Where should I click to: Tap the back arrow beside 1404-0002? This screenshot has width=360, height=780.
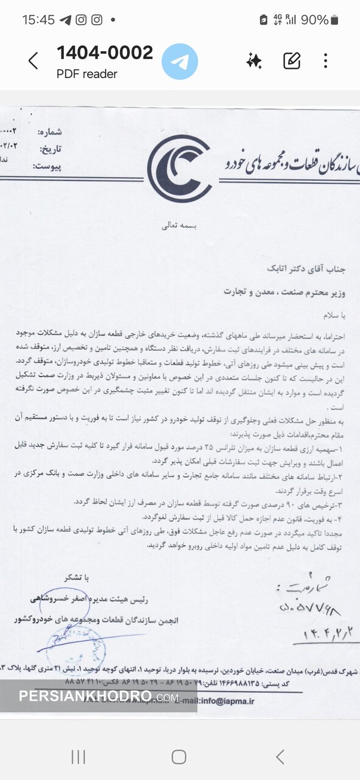pyautogui.click(x=34, y=61)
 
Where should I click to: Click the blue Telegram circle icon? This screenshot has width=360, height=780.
pyautogui.click(x=179, y=62)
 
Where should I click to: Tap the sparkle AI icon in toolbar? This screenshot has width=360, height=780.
pyautogui.click(x=254, y=60)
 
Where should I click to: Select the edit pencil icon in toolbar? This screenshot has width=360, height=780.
pyautogui.click(x=292, y=60)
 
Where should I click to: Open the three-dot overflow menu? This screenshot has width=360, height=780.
pyautogui.click(x=325, y=60)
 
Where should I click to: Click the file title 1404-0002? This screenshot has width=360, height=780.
pyautogui.click(x=105, y=53)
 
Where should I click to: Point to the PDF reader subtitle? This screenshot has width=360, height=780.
pyautogui.click(x=87, y=74)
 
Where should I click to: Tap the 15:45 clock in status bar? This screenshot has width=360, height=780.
pyautogui.click(x=38, y=19)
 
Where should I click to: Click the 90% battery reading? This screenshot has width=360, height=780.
pyautogui.click(x=314, y=19)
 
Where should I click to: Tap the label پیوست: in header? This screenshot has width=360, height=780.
pyautogui.click(x=49, y=166)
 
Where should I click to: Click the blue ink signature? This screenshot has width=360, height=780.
pyautogui.click(x=73, y=640)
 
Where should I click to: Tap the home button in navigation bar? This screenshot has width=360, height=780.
pyautogui.click(x=178, y=757)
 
